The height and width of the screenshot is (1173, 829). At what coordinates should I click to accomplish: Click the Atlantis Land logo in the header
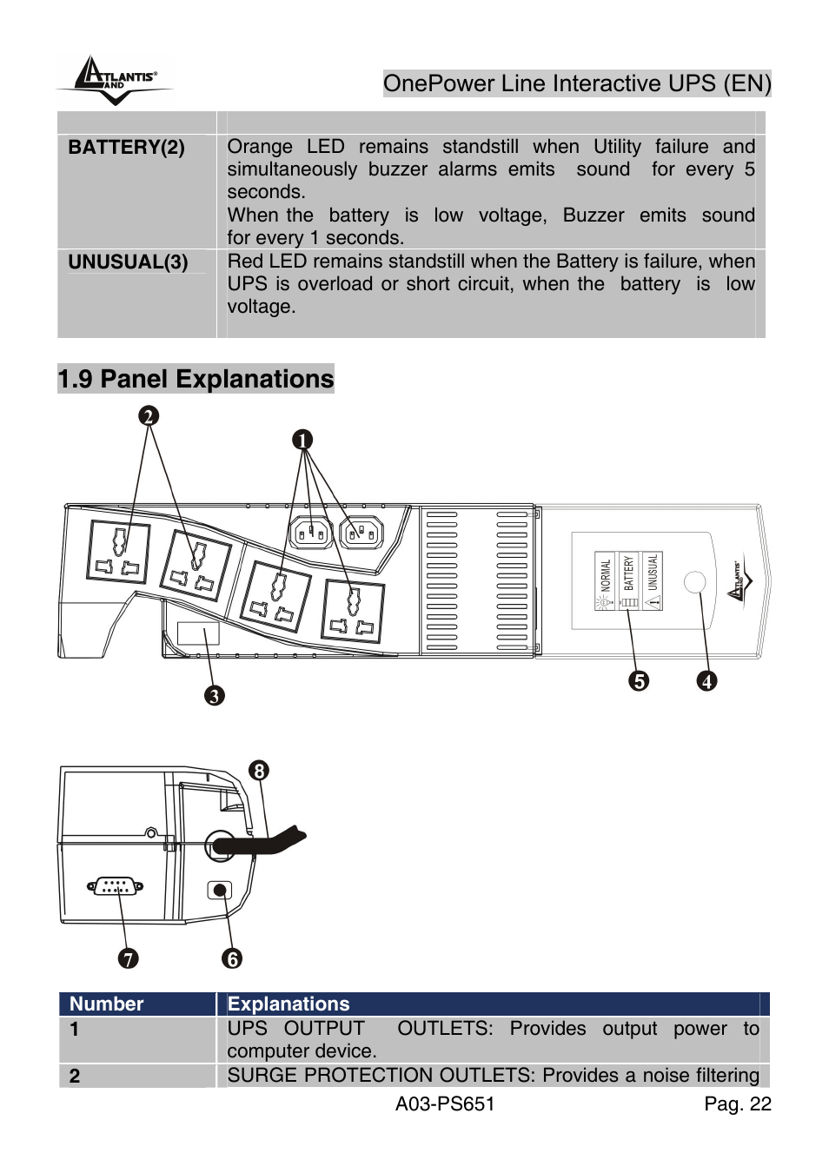[x=115, y=81]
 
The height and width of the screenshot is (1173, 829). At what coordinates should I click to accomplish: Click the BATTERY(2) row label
[x=126, y=148]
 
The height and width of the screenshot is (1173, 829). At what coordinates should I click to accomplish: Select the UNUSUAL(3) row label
[x=128, y=262]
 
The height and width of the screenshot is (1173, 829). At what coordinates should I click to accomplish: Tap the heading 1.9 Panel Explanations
[x=196, y=379]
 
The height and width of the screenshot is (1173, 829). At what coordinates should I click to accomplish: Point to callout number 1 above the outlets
[x=302, y=441]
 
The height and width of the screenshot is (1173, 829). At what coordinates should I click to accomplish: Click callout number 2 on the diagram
[x=149, y=416]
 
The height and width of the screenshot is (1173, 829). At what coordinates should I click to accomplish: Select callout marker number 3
[x=214, y=696]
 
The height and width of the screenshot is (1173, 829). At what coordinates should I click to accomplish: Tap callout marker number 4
[x=707, y=681]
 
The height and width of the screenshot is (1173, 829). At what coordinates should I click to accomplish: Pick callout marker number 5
[x=639, y=681]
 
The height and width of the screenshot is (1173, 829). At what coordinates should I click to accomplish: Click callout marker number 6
[x=231, y=958]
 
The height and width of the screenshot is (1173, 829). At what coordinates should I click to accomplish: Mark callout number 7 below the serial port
[x=128, y=958]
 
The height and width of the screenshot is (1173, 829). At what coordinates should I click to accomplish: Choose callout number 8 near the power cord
[x=259, y=771]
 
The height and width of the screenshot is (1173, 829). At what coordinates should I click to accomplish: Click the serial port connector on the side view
[x=115, y=887]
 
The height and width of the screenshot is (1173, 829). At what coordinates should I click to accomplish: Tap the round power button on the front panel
[x=694, y=581]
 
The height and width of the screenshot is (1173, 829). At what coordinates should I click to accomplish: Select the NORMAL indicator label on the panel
[x=605, y=575]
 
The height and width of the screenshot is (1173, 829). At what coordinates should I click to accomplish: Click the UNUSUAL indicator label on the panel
[x=652, y=573]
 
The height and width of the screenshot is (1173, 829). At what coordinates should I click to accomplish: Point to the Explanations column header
[x=288, y=1004]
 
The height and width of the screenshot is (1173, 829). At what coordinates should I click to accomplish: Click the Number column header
[x=106, y=1004]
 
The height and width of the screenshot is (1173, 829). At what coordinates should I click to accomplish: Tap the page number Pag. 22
[x=737, y=1104]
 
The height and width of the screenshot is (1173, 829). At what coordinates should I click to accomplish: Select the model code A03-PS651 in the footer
[x=445, y=1104]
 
